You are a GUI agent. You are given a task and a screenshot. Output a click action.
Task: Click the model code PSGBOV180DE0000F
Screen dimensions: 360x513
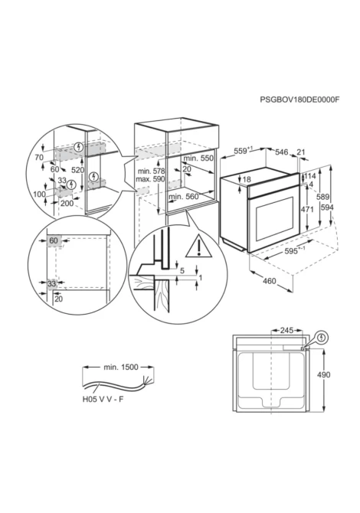pos(299,100)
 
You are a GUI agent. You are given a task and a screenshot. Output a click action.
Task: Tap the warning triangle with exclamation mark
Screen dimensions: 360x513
pos(198,247)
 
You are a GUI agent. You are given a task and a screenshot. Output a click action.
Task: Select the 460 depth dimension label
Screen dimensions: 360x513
pos(269,281)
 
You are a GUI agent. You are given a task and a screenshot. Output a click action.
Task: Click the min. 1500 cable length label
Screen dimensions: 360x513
pos(121,367)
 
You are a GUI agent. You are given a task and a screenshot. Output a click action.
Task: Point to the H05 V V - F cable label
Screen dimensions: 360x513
pos(103,399)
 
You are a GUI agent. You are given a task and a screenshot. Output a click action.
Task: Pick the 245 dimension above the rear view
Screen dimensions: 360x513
pos(286,331)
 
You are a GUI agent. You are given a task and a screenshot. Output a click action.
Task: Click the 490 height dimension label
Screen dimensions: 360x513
pos(323,374)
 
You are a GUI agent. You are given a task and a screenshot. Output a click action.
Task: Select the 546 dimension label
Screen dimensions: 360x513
pos(281,152)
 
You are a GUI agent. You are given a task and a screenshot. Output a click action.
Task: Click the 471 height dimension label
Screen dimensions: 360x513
pos(307,209)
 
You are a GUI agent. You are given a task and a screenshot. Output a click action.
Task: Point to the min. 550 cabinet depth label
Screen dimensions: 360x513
pos(198,158)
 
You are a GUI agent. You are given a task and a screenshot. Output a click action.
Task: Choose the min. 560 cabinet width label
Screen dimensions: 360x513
pos(184,196)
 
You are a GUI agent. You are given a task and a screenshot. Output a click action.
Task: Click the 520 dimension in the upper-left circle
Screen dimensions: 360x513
pos(77,170)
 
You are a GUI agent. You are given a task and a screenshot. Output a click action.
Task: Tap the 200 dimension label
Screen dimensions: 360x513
pos(67,203)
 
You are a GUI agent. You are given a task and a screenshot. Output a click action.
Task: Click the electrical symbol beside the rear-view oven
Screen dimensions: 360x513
pos(322,338)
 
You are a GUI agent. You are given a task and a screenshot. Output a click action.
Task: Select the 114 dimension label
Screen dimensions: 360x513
pos(310,177)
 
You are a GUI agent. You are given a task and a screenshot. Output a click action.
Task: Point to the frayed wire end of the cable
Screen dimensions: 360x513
pos(147,381)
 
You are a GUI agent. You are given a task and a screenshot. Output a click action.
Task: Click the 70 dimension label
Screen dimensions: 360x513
pos(39,158)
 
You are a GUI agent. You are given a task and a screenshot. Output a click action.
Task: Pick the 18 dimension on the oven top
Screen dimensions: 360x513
pos(247,179)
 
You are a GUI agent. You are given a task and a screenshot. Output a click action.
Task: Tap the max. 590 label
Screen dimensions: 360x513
pos(151,179)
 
